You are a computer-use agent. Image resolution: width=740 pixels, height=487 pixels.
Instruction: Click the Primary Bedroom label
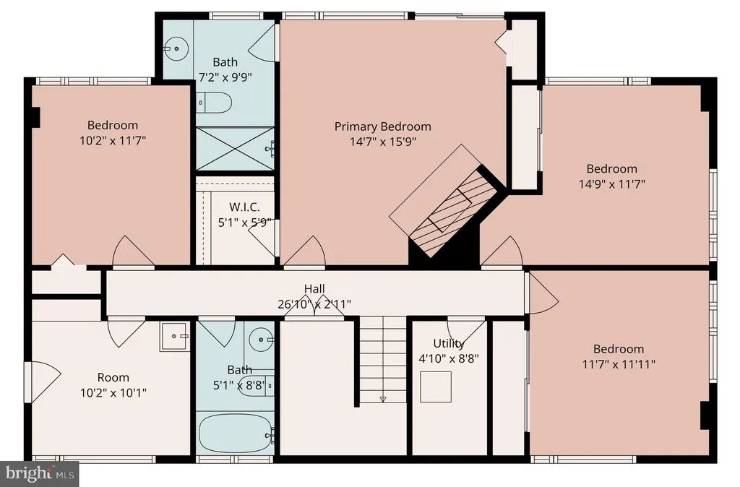383,126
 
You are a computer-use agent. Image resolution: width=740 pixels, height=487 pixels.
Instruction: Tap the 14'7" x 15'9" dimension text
383,142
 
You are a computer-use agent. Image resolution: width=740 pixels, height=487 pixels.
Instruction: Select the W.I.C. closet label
244,207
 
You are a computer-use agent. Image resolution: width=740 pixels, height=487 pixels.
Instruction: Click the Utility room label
449,343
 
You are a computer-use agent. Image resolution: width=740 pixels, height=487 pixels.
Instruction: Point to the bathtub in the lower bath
236,434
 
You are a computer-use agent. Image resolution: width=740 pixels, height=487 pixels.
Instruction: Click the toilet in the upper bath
214,103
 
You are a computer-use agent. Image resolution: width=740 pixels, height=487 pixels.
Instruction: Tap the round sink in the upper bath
176,48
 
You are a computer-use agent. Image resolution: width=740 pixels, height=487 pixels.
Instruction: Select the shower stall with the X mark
235,148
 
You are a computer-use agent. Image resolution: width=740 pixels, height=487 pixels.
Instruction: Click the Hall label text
314,289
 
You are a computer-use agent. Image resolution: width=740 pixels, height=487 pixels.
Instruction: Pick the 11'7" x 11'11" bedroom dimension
619,364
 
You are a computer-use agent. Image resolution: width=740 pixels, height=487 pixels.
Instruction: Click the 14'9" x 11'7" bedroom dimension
611,184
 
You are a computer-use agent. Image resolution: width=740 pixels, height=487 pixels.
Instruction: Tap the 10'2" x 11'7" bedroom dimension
113,140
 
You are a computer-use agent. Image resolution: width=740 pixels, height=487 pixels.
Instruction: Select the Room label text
113,377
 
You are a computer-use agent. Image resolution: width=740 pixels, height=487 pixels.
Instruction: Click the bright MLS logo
40,473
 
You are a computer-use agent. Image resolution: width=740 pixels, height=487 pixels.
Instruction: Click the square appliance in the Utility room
436,387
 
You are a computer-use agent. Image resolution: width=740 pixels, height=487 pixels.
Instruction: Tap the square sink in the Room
175,337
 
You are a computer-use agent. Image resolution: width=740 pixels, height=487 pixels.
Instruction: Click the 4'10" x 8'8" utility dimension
449,358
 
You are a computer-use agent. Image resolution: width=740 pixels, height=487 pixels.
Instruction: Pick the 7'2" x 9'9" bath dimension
225,77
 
